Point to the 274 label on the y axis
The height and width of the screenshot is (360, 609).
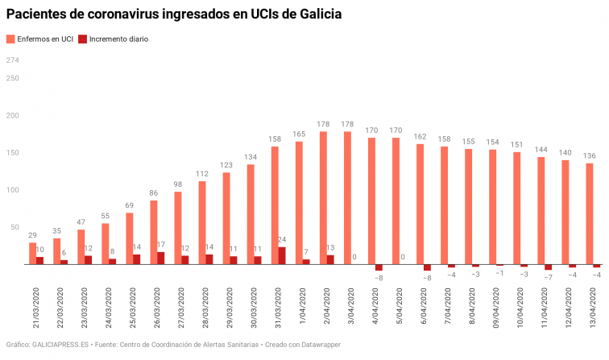click(x=12, y=60)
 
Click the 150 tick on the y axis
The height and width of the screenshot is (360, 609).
click(x=12, y=152)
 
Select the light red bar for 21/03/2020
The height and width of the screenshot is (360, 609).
click(x=32, y=254)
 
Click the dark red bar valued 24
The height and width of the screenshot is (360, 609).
click(x=282, y=255)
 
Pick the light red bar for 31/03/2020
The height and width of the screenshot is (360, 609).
click(x=275, y=205)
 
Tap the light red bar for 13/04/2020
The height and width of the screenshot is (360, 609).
click(x=590, y=214)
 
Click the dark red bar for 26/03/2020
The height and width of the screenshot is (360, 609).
click(x=161, y=259)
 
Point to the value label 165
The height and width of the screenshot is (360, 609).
click(x=299, y=134)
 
